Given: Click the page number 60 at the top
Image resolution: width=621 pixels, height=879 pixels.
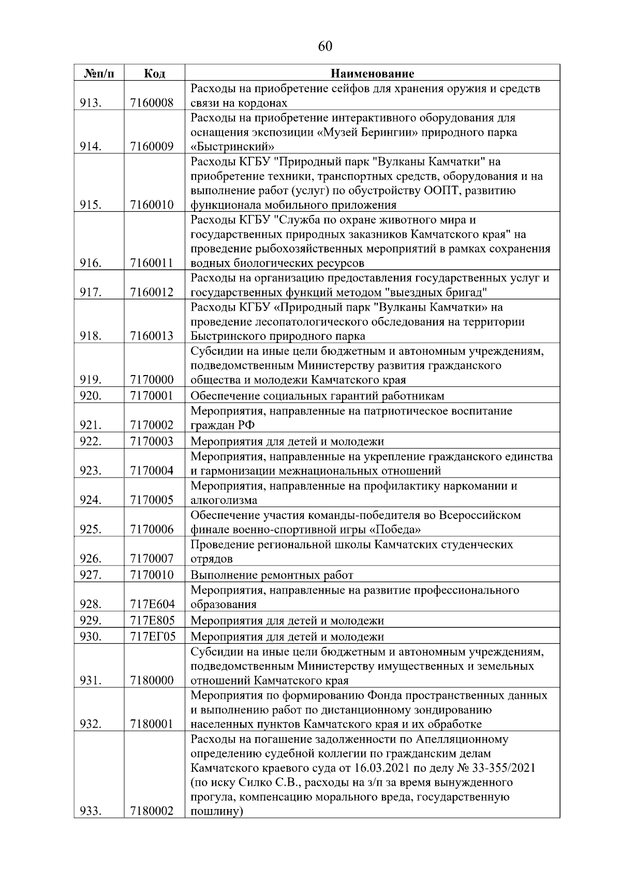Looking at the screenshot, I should click(x=325, y=47).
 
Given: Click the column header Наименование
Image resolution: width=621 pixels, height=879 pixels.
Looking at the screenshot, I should click(x=373, y=74).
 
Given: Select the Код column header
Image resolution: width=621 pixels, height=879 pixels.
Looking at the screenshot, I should click(x=154, y=74).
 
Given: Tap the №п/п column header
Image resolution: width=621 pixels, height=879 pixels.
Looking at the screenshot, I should click(x=98, y=74).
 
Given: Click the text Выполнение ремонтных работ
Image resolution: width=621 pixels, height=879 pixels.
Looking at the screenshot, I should click(x=272, y=575).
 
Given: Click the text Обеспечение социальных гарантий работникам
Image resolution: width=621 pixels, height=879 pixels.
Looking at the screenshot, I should click(x=317, y=396).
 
